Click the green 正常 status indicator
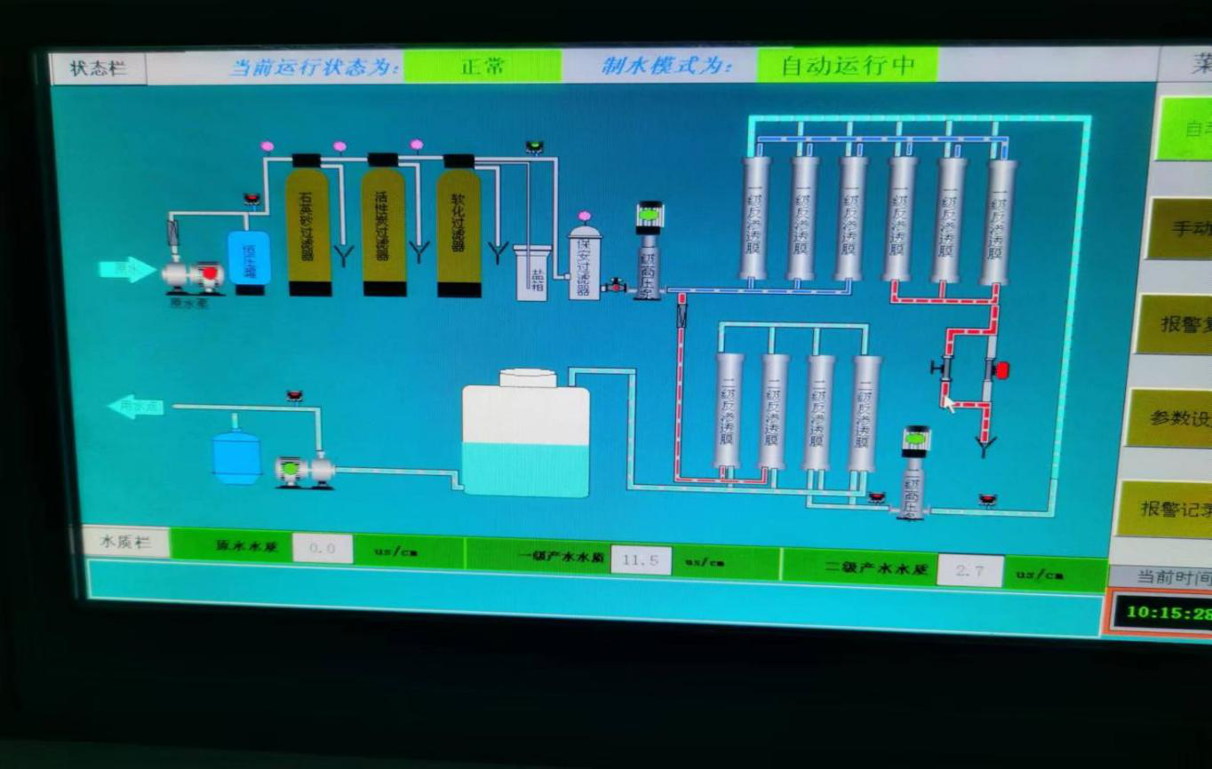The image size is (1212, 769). click(x=482, y=67)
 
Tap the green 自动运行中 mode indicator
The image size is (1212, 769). click(x=847, y=66)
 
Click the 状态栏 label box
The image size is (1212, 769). click(x=98, y=68)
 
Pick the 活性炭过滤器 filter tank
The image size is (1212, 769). click(x=384, y=226)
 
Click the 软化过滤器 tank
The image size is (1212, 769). click(x=458, y=227)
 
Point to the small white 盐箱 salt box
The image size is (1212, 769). click(x=531, y=272)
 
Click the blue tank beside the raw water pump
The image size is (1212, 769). click(x=249, y=258)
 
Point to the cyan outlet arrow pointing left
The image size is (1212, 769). click(x=135, y=407)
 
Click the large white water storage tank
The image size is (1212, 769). click(x=526, y=435)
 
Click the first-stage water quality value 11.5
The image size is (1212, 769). click(x=641, y=560)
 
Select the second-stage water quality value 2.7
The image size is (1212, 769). click(x=969, y=571)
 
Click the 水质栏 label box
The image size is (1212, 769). click(x=125, y=542)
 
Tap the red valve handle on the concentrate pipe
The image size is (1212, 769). click(x=1001, y=369)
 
